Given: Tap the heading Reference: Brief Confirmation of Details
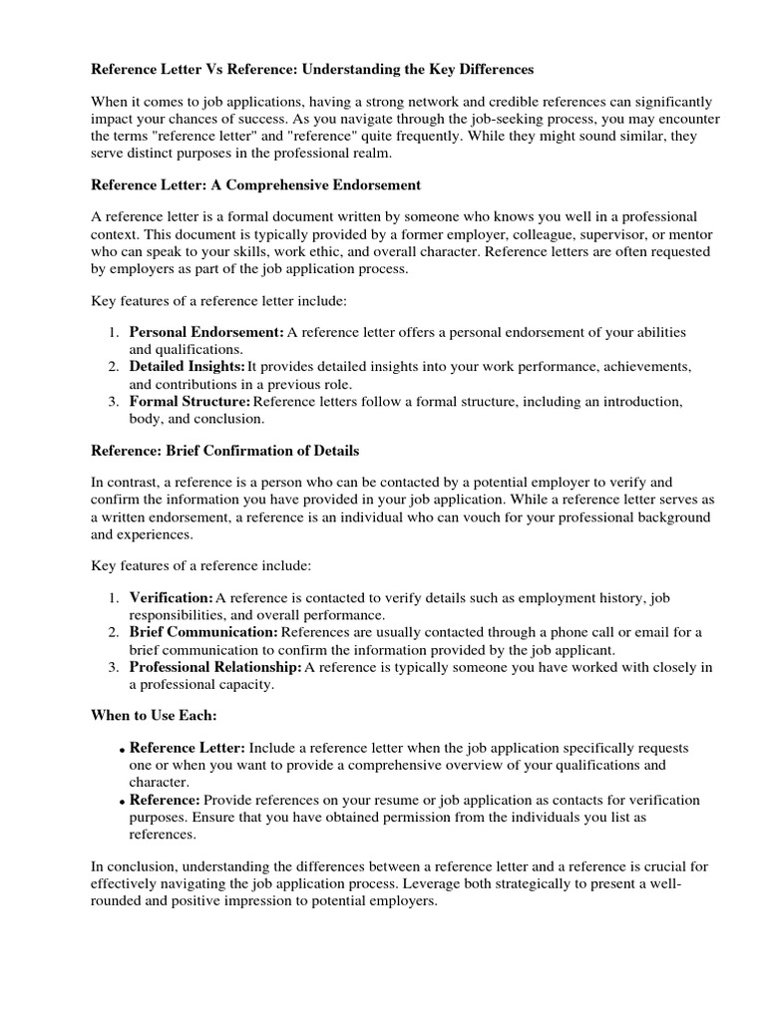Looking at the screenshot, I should click(225, 451).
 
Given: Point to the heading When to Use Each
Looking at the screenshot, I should click(154, 716).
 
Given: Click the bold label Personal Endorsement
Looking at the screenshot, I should click(206, 332).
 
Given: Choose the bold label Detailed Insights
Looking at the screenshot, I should click(187, 367).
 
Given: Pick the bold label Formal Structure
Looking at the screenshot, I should click(191, 401).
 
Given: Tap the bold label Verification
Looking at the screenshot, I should click(171, 598).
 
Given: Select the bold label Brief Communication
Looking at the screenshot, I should click(203, 632).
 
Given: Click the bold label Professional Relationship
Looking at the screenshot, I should click(215, 667).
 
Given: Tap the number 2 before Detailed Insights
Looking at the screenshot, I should click(114, 367).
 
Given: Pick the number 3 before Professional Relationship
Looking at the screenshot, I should click(114, 667).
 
